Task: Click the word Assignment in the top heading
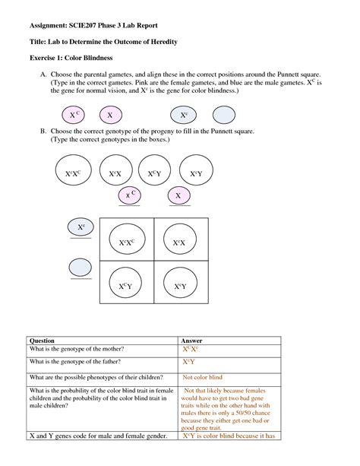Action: point(49,26)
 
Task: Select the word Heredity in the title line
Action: point(164,42)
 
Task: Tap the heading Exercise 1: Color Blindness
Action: point(71,58)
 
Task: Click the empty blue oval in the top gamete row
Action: point(224,115)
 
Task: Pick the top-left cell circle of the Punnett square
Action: point(127,239)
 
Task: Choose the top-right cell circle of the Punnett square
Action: point(180,239)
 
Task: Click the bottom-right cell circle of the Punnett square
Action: point(180,283)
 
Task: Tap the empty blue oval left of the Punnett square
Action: point(81,267)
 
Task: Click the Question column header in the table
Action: point(42,341)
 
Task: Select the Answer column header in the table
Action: point(191,341)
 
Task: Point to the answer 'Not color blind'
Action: point(202,377)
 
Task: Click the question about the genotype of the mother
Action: point(77,349)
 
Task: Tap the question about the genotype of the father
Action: point(75,362)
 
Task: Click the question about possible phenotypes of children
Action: point(96,377)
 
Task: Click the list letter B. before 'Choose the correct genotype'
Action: point(43,131)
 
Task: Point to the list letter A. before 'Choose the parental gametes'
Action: point(43,74)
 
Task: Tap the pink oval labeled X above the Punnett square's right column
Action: point(178,195)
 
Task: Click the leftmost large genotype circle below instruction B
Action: point(74,170)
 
